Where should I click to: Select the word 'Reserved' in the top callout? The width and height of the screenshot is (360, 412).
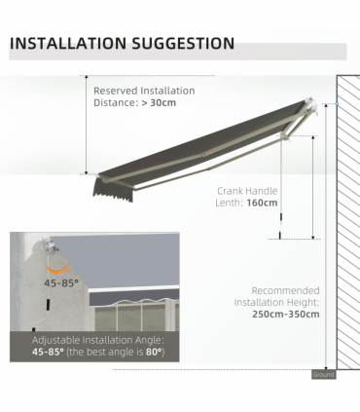(116, 91)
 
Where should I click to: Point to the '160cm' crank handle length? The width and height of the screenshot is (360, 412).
(263, 203)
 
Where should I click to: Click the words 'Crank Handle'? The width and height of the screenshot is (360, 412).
(248, 191)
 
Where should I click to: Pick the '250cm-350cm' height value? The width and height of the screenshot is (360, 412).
(286, 314)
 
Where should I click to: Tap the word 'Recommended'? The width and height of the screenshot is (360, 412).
(286, 290)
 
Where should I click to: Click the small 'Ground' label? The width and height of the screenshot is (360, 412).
(324, 374)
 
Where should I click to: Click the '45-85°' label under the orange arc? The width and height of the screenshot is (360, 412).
(61, 282)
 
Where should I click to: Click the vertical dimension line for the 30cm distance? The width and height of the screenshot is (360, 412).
(86, 127)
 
